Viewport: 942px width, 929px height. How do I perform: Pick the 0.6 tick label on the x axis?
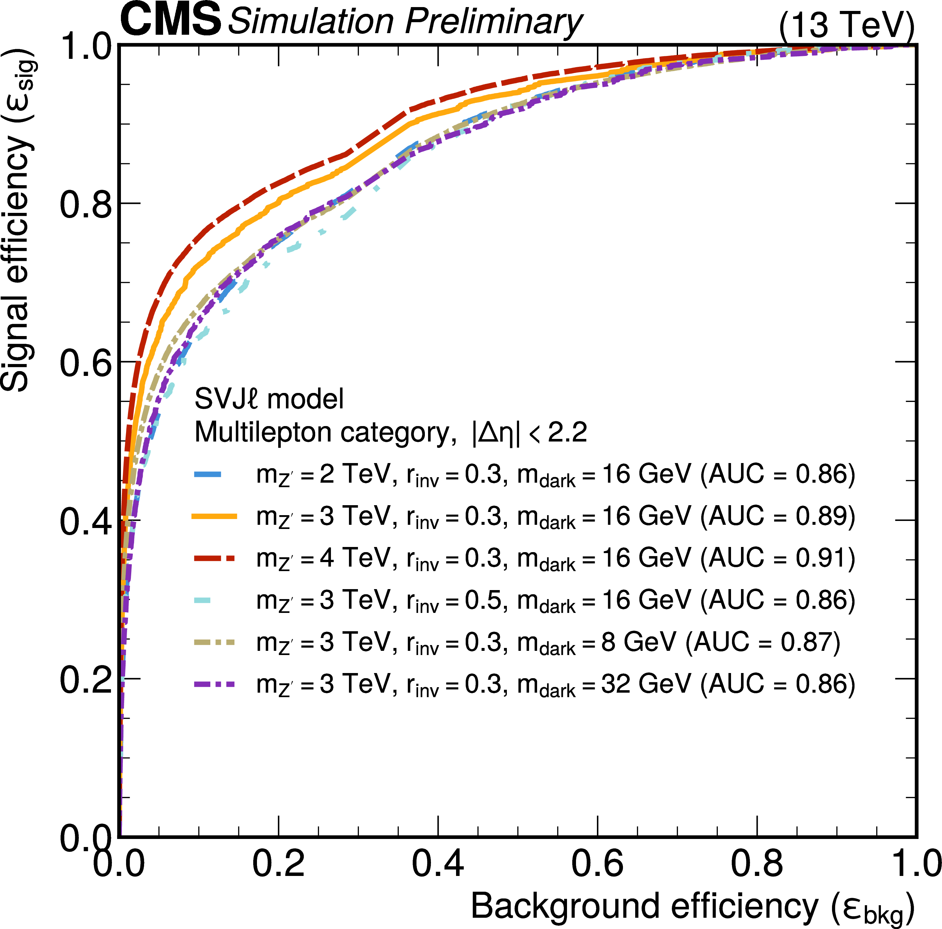[x=597, y=863]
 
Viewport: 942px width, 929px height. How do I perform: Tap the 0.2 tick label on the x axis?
[x=279, y=863]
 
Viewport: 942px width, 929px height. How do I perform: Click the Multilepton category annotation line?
[x=390, y=432]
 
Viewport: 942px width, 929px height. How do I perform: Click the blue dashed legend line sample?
[x=208, y=474]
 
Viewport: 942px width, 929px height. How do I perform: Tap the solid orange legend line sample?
[x=215, y=516]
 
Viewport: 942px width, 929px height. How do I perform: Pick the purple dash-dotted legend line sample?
[x=215, y=684]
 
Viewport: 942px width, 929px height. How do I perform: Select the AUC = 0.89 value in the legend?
[x=778, y=516]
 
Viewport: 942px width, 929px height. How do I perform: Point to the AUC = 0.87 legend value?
[x=763, y=642]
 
